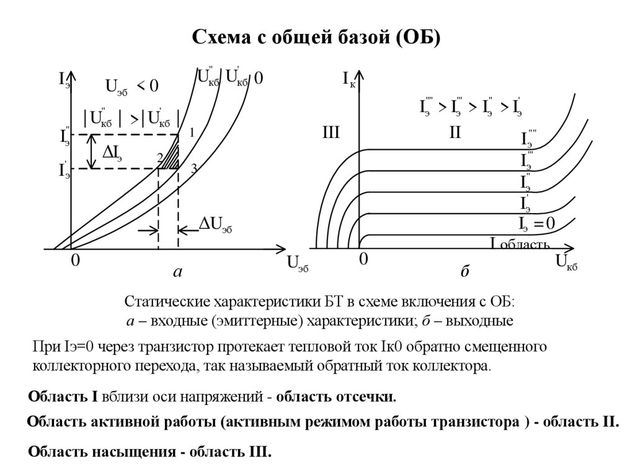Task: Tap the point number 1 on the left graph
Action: [192, 132]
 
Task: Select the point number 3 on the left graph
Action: [193, 168]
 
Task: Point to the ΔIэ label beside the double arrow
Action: [112, 153]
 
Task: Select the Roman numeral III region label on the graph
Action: [331, 133]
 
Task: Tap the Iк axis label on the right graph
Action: [349, 79]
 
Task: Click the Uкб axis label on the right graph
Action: [566, 263]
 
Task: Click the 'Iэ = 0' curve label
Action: [536, 224]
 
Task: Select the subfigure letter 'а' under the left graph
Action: [177, 272]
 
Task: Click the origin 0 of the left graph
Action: [75, 261]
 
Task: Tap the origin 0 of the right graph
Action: [364, 260]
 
